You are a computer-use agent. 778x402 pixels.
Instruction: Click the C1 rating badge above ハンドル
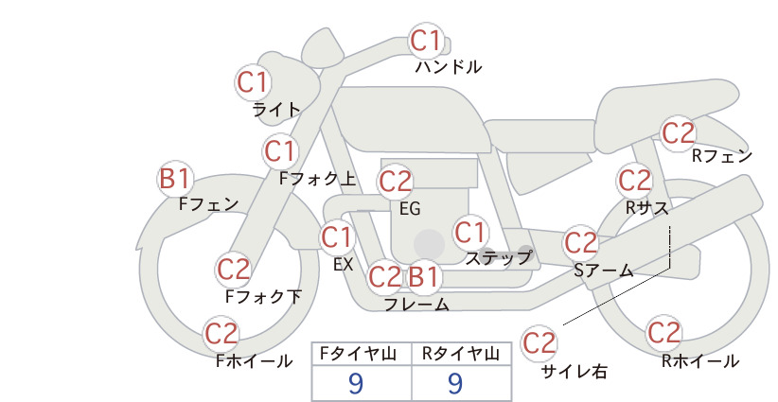coord(426,41)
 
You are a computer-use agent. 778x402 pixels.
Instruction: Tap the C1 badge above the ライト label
coord(252,82)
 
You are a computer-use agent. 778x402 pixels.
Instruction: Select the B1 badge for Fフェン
coord(175,179)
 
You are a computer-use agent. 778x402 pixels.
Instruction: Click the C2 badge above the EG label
coord(395,182)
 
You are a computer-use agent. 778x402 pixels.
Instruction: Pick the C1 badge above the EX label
coord(337,237)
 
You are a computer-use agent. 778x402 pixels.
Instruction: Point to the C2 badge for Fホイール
coord(221,334)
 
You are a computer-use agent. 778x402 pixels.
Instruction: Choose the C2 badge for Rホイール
coord(663,333)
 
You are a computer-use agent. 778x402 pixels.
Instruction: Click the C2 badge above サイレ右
coord(539,342)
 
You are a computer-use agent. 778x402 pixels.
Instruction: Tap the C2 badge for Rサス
coord(634,181)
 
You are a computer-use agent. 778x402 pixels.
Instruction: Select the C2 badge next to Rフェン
coord(679,133)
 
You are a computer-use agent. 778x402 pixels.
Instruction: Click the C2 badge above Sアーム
coord(580,243)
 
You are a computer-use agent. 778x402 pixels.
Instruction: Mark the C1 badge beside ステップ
coord(469,233)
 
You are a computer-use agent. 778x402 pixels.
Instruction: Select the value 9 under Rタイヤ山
coord(456,383)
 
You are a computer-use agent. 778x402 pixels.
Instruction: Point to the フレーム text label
coord(416,305)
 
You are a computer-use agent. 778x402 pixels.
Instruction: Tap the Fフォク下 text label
coord(263,296)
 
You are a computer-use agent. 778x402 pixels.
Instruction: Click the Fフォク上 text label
coord(318,179)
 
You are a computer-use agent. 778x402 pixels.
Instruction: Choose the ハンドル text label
coord(449,66)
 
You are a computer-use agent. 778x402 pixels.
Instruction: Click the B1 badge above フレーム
coord(423,276)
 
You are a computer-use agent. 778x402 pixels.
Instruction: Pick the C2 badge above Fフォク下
coord(233,270)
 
